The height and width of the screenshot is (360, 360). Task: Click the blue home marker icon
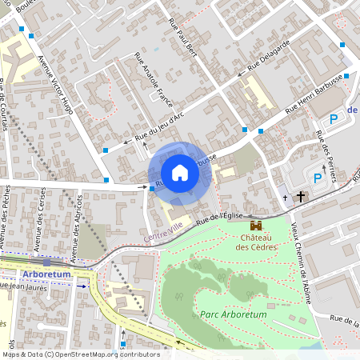[180, 173]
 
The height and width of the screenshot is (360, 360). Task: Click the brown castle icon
[256, 226]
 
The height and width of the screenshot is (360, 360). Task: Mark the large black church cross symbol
[302, 196]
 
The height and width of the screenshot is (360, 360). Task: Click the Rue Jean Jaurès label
[24, 285]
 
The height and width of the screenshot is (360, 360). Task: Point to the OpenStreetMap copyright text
[80, 354]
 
